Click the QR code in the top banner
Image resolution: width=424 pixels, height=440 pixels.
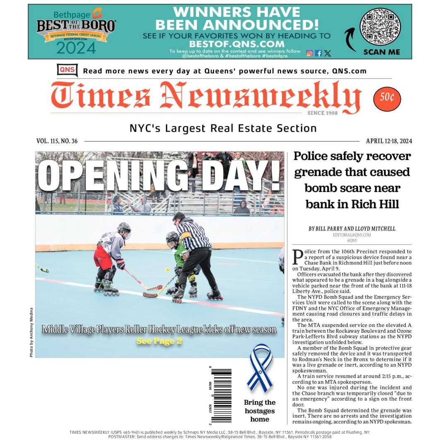(380, 27)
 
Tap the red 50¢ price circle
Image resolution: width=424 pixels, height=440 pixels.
(387, 99)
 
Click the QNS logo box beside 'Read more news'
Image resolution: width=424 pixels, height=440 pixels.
(67, 70)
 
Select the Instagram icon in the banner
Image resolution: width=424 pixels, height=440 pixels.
(309, 53)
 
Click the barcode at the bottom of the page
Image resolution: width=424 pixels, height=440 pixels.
(221, 395)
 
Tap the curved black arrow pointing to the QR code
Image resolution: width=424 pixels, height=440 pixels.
(350, 39)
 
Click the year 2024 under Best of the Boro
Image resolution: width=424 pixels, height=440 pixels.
(76, 48)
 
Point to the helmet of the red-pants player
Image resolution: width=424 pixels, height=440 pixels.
(124, 229)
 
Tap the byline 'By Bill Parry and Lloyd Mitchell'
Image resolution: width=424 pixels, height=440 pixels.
(352, 229)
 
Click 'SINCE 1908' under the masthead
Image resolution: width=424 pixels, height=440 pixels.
(322, 113)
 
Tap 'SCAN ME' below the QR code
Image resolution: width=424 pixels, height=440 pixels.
(381, 52)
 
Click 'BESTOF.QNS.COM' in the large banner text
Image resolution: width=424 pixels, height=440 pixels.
(236, 44)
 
